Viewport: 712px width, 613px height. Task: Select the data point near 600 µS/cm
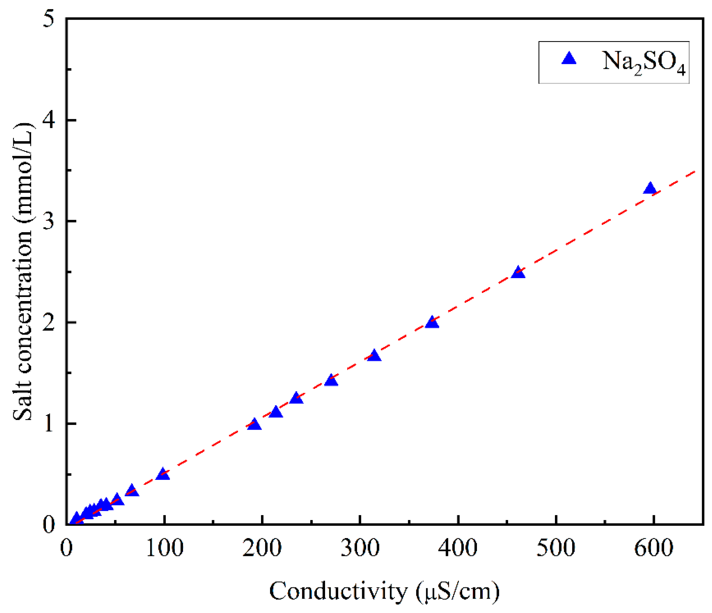pyautogui.click(x=650, y=189)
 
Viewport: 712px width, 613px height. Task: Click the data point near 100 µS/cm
pyautogui.click(x=163, y=474)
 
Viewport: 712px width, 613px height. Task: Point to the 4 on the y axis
pyautogui.click(x=49, y=120)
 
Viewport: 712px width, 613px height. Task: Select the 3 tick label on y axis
pyautogui.click(x=49, y=222)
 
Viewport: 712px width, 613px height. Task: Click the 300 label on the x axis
pyautogui.click(x=360, y=548)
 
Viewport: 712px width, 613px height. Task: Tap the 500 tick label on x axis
pyautogui.click(x=556, y=548)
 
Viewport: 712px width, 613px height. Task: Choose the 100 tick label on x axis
pyautogui.click(x=165, y=548)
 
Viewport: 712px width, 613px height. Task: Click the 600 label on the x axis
pyautogui.click(x=654, y=548)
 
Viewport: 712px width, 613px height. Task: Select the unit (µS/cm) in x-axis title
pyautogui.click(x=457, y=592)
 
